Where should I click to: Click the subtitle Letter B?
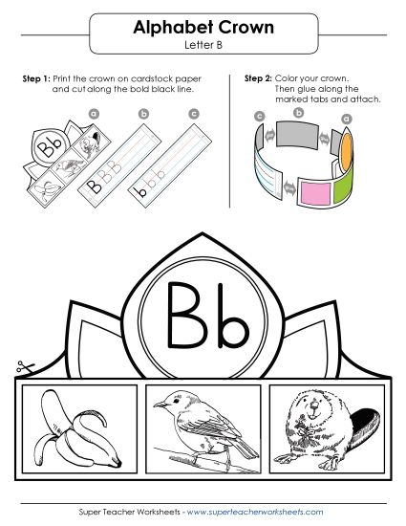pyautogui.click(x=202, y=45)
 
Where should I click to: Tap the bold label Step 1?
pyautogui.click(x=35, y=77)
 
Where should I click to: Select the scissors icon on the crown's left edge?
pyautogui.click(x=20, y=366)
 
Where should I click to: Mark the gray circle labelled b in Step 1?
pyautogui.click(x=144, y=114)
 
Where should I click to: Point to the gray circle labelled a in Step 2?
pyautogui.click(x=346, y=119)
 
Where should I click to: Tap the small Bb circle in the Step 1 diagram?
pyautogui.click(x=48, y=145)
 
